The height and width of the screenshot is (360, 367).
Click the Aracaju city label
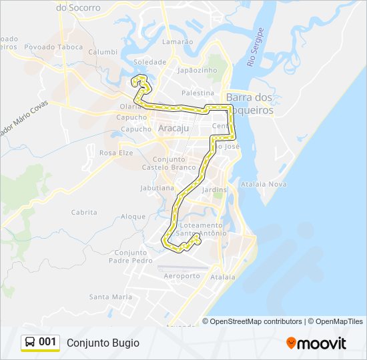tap(173, 127)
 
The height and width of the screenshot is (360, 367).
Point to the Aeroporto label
tap(181, 275)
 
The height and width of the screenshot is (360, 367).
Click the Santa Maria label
tap(111, 297)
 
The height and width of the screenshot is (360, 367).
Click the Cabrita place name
tap(84, 212)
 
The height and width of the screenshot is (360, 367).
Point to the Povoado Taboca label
tap(53, 47)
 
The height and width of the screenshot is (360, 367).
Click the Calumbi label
tap(103, 51)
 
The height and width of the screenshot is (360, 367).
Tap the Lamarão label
tap(177, 41)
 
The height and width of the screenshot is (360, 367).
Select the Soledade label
tap(150, 61)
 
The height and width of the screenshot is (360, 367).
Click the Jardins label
tap(214, 189)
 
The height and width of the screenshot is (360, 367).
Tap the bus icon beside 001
tap(30, 342)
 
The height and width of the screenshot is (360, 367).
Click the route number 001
tap(47, 342)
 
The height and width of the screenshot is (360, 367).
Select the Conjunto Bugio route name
tap(103, 343)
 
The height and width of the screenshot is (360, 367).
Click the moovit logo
tap(316, 343)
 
